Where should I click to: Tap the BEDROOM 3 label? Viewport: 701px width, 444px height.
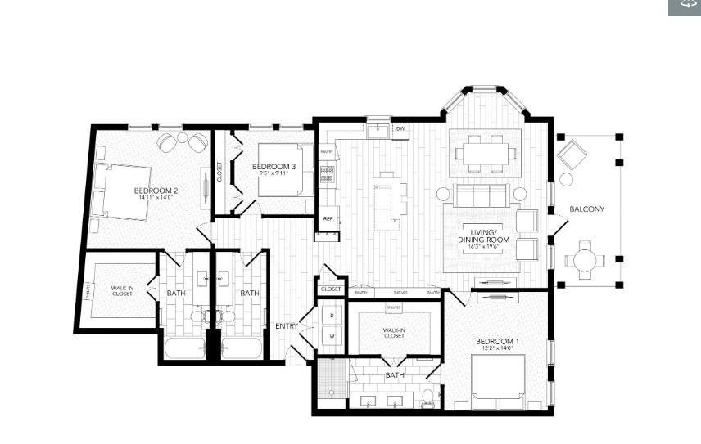tap(273, 167)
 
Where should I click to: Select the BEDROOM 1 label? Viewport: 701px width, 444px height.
tap(497, 341)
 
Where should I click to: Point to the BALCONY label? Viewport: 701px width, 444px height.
tap(587, 209)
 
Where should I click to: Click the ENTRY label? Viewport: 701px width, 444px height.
tap(287, 326)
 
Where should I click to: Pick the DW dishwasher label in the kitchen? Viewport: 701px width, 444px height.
tap(401, 129)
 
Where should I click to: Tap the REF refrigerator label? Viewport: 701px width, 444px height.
tap(328, 219)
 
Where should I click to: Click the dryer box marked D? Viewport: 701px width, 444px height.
tap(332, 315)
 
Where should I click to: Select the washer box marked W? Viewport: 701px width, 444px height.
tap(332, 335)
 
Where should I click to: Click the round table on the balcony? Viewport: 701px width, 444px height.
tap(586, 261)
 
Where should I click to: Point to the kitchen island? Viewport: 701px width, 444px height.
tap(387, 201)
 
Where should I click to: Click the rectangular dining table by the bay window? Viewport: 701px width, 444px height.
tap(486, 152)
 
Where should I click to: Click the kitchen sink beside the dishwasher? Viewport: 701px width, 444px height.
tap(379, 130)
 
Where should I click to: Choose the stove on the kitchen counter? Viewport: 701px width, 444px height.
tap(328, 173)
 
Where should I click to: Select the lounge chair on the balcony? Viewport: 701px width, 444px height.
tap(571, 154)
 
